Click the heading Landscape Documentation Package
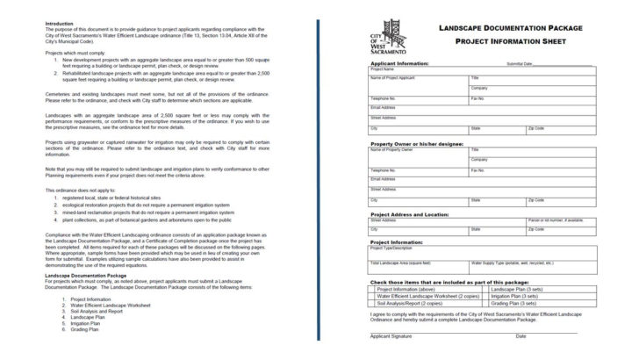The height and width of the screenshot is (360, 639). coord(510,28)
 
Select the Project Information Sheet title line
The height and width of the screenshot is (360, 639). coord(510,40)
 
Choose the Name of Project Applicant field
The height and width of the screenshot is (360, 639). coord(418,81)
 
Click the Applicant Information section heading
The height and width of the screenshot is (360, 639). coord(399,63)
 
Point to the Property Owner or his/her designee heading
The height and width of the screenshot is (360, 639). coord(415,143)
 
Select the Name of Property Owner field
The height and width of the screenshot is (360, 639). coord(418,152)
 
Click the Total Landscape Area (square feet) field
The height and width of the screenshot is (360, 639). coord(418,265)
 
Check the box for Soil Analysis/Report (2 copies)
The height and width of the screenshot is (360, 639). coord(372,304)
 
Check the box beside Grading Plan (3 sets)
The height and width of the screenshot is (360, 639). coord(488,304)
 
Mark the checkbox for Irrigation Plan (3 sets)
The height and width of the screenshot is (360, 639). coord(488,296)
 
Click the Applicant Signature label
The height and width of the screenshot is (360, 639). coord(390,336)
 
